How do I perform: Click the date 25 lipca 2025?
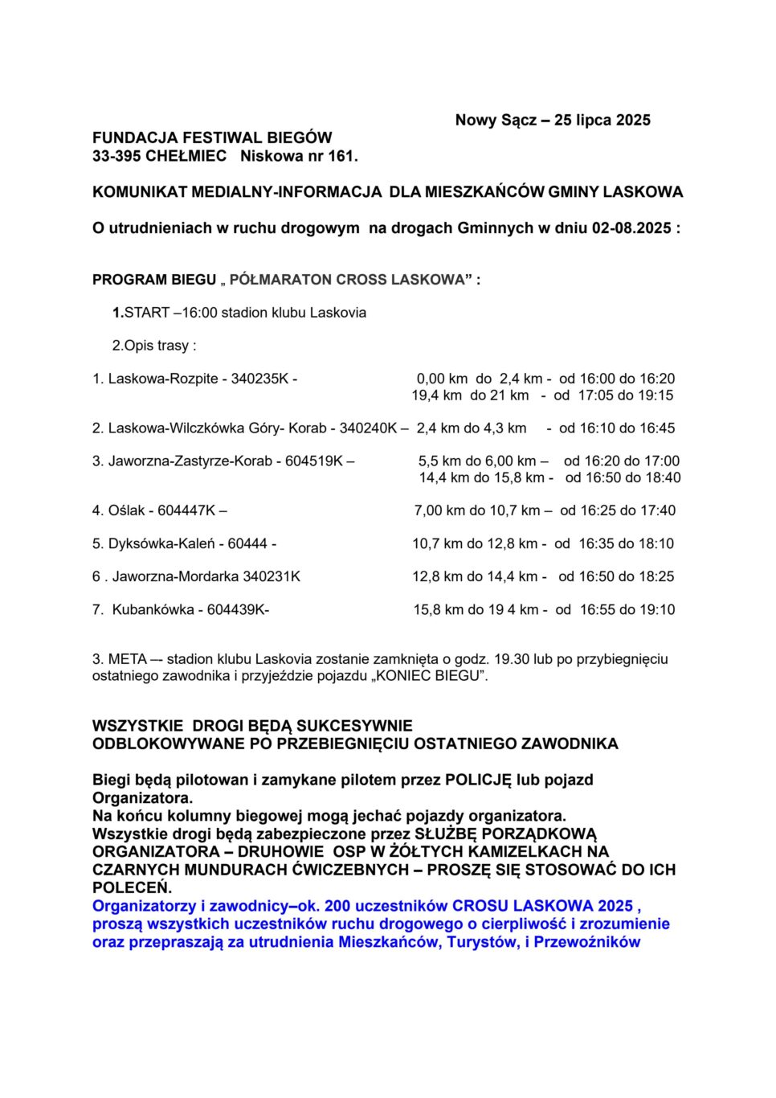(x=602, y=121)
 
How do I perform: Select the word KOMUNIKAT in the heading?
(x=140, y=192)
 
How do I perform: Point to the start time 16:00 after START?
(x=199, y=313)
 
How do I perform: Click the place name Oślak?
(x=127, y=510)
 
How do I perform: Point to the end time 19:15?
(x=656, y=395)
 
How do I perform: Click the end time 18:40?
(x=663, y=478)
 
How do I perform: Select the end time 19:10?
(x=657, y=610)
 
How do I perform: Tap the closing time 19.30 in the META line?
(x=511, y=659)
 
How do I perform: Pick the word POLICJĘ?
(x=478, y=780)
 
